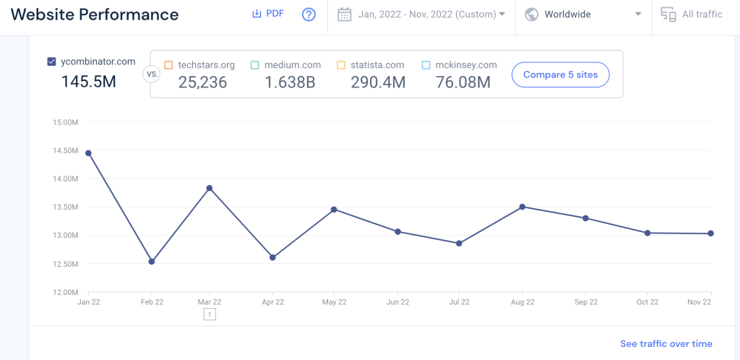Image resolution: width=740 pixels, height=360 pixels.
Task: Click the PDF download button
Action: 268,14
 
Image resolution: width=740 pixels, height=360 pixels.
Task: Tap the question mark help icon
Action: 309,14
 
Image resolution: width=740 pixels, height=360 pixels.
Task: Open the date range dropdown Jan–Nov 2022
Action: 421,14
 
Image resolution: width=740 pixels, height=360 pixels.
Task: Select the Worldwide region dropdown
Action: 582,14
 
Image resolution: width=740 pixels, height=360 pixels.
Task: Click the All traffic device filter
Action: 692,14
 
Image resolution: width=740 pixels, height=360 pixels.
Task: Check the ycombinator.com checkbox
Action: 51,62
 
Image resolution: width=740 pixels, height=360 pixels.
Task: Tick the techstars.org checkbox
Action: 168,65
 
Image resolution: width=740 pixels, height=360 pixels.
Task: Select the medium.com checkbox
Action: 255,65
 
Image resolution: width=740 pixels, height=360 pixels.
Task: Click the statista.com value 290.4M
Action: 378,82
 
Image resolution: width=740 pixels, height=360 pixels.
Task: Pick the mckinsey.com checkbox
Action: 426,65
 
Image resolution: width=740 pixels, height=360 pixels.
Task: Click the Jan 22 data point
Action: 88,153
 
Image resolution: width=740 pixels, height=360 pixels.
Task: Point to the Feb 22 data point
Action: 151,262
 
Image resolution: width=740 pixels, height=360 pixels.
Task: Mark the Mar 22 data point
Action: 210,188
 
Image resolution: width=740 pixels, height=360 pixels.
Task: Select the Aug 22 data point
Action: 522,207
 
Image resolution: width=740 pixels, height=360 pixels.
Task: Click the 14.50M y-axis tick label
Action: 65,150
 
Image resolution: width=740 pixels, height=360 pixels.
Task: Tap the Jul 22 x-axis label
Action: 460,302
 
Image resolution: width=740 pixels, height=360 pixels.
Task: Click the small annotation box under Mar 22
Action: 210,314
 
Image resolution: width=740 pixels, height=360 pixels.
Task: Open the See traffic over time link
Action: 666,344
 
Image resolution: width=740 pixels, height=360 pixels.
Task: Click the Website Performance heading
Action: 95,14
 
